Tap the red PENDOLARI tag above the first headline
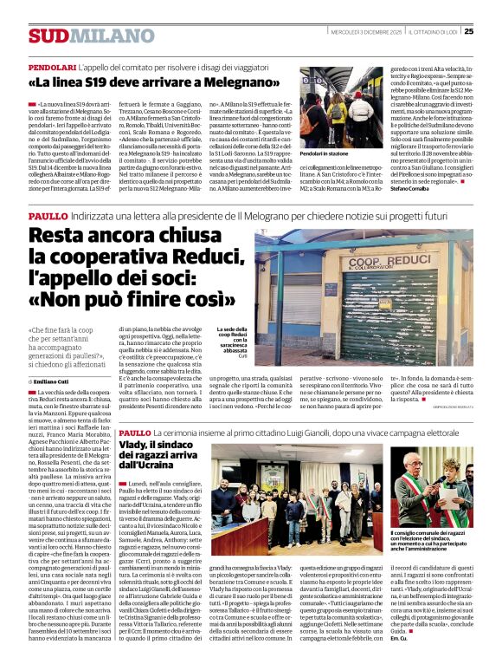click(52, 67)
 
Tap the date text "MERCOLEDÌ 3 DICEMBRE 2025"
click(354, 31)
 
